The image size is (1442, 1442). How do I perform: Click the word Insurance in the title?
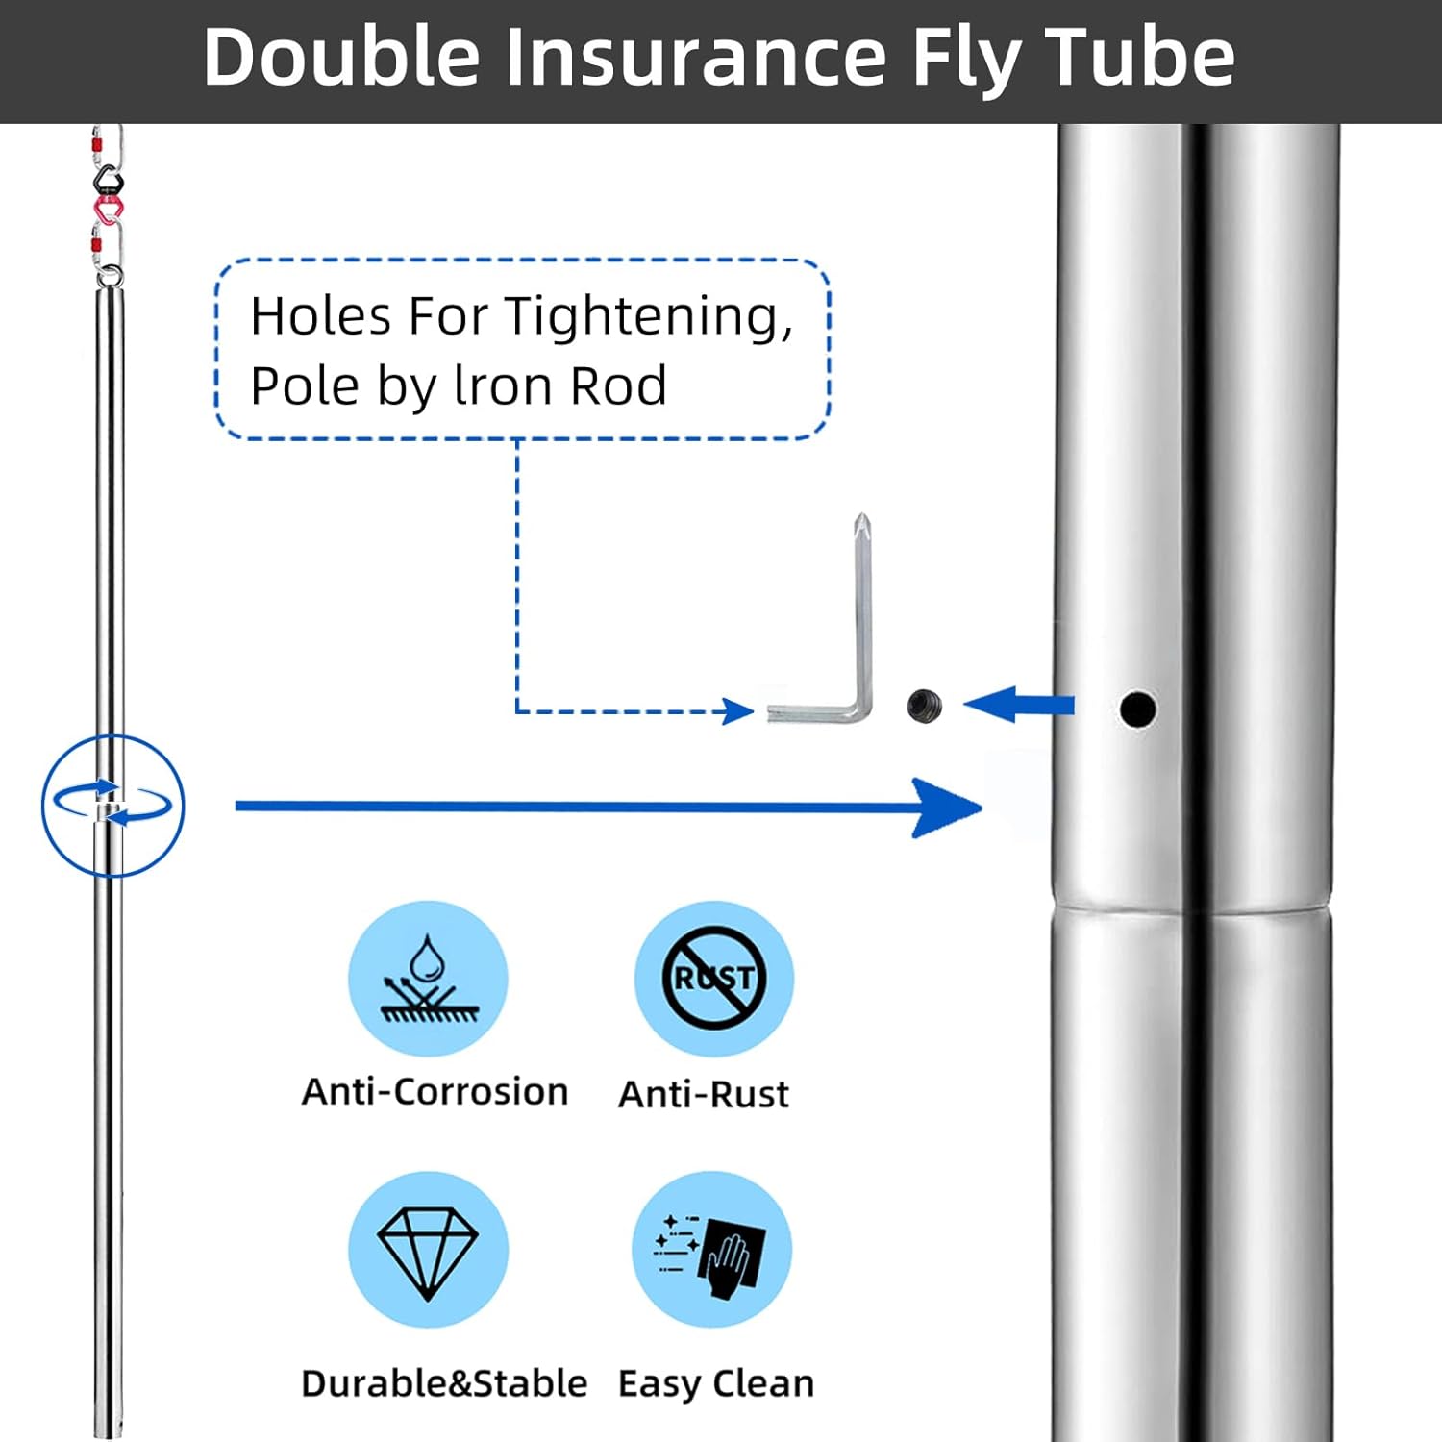tap(696, 57)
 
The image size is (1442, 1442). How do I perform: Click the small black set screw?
tap(925, 707)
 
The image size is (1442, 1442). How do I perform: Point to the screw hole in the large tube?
tap(1137, 709)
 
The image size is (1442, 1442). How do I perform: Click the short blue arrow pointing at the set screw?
tap(1019, 705)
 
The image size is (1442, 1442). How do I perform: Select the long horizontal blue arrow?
tap(609, 807)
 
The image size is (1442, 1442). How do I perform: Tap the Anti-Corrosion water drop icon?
tap(428, 979)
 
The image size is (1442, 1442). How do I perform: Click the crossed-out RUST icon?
tap(713, 979)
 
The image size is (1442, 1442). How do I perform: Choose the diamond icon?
tap(428, 1250)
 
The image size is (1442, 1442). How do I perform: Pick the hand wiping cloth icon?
tap(712, 1250)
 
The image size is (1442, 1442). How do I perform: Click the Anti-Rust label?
tap(704, 1094)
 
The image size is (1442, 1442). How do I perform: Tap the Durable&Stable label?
tap(444, 1383)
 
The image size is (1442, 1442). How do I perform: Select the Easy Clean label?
tap(716, 1384)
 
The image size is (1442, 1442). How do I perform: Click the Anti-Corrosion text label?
tap(435, 1092)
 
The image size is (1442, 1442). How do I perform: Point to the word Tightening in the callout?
tap(648, 317)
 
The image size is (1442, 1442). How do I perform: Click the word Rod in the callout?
tap(619, 386)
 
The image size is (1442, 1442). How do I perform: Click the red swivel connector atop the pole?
tap(108, 209)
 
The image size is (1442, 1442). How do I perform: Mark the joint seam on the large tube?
tap(1192, 909)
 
